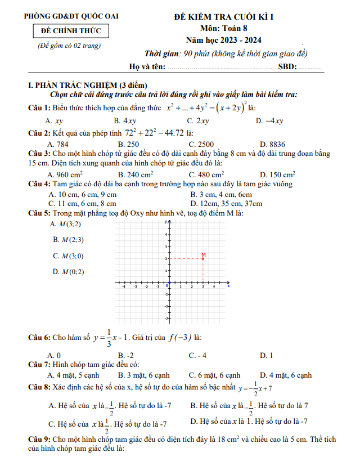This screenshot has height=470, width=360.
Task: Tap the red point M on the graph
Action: click(x=202, y=259)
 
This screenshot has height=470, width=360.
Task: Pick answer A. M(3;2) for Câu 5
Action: click(x=66, y=224)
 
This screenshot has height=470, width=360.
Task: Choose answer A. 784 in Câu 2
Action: click(x=58, y=144)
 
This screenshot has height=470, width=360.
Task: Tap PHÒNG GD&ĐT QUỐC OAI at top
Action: click(x=71, y=17)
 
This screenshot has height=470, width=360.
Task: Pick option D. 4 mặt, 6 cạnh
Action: click(x=285, y=375)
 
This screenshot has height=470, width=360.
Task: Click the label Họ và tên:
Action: click(x=147, y=67)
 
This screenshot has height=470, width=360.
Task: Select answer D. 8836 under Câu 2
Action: click(x=273, y=144)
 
